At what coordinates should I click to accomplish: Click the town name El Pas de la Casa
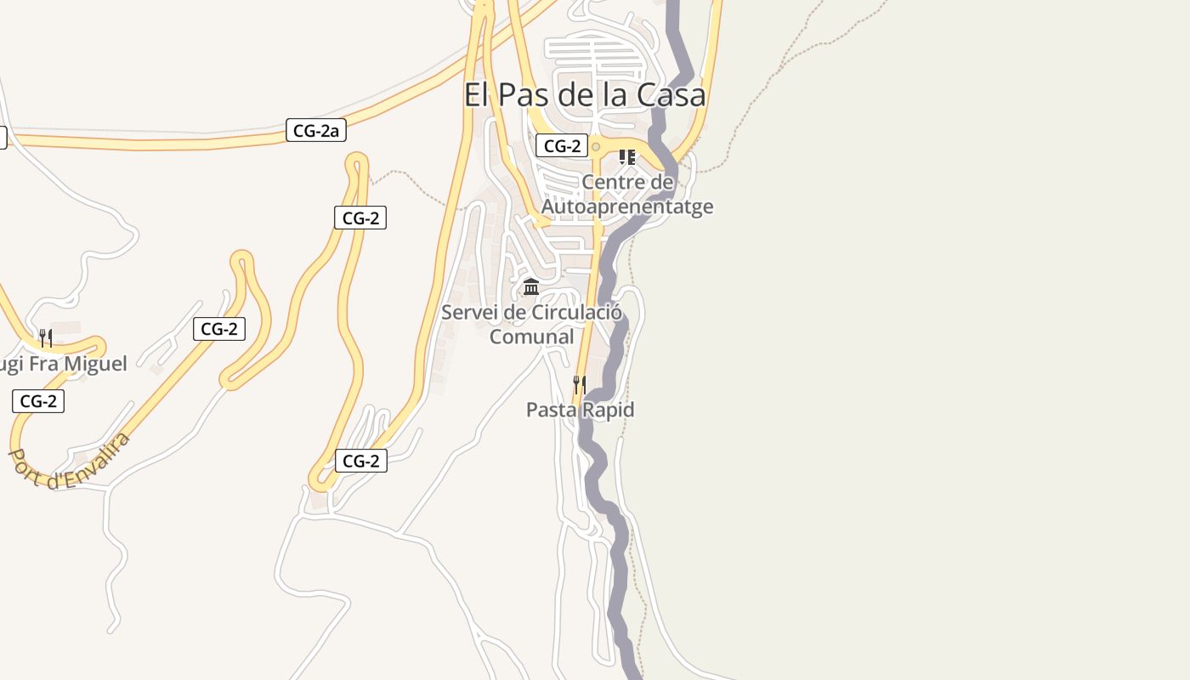pos(585,94)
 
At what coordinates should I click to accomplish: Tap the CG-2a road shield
pos(315,130)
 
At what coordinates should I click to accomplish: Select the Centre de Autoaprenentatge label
pos(627,194)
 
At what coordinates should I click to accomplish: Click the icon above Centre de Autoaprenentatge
pos(627,156)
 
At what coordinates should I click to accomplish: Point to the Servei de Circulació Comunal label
pos(532,324)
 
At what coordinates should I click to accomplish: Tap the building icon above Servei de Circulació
pos(531,286)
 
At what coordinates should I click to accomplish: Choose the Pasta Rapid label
pos(580,410)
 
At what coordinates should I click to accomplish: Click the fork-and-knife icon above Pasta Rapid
pos(580,384)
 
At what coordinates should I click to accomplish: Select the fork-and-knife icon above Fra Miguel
pos(46,337)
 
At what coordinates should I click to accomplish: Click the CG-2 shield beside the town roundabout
pos(562,145)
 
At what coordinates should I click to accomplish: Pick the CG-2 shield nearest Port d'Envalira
pos(38,400)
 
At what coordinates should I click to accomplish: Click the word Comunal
pos(532,337)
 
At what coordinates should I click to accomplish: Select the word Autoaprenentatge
pos(627,207)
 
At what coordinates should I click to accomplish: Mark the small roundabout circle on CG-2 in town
pos(596,147)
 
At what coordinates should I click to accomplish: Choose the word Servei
pos(470,313)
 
